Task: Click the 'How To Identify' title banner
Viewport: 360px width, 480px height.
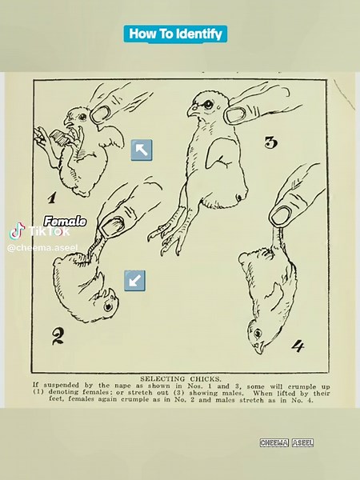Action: pyautogui.click(x=176, y=34)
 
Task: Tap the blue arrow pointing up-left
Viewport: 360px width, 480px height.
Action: pyautogui.click(x=141, y=149)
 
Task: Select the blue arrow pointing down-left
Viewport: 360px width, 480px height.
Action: pyautogui.click(x=134, y=279)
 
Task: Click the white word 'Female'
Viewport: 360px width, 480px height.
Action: pyautogui.click(x=65, y=221)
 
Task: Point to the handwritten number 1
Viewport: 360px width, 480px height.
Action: pyautogui.click(x=51, y=198)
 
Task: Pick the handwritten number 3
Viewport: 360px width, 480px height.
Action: pyautogui.click(x=270, y=143)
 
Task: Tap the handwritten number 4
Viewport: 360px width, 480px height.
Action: pyautogui.click(x=298, y=346)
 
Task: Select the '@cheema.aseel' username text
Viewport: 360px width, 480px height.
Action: pyautogui.click(x=42, y=248)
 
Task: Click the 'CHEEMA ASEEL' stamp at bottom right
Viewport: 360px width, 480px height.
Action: pyautogui.click(x=286, y=442)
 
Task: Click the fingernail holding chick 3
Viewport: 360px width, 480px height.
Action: pyautogui.click(x=235, y=114)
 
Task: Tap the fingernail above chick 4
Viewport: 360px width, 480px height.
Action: pyautogui.click(x=281, y=214)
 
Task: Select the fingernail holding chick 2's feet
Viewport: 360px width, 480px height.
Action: pyautogui.click(x=112, y=225)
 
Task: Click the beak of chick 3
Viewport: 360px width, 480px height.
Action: pyautogui.click(x=192, y=113)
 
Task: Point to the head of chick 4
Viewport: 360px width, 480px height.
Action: pyautogui.click(x=258, y=337)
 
